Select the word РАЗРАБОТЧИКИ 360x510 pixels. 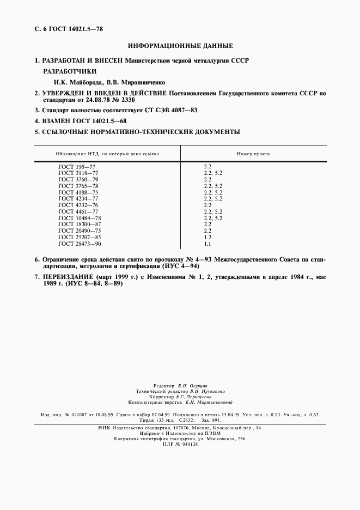(69, 71)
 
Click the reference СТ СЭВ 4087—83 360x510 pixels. (171, 110)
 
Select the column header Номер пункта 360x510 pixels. (253, 154)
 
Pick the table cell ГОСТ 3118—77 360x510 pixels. (77, 172)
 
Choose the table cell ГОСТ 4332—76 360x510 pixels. (77, 205)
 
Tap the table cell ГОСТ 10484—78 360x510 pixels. (79, 218)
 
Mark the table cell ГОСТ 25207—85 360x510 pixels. (79, 238)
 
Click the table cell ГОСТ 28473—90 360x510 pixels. (79, 244)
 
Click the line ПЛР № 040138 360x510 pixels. (180, 444)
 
